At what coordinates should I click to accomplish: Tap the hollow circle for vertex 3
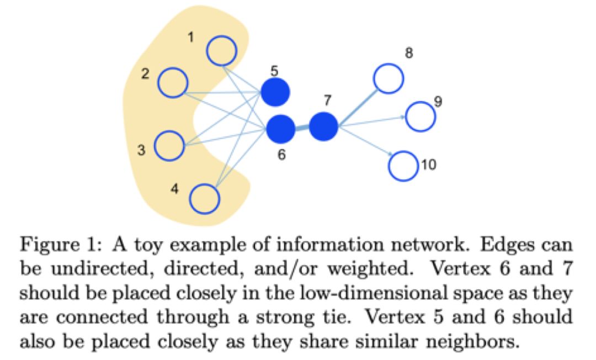point(169,145)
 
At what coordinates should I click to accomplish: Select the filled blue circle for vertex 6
point(280,129)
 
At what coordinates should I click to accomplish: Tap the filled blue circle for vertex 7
point(323,126)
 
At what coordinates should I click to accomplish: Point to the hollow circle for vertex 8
point(389,78)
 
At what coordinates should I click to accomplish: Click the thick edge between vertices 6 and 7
point(302,128)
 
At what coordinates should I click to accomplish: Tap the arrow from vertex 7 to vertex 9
point(372,121)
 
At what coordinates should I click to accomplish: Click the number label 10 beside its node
point(429,165)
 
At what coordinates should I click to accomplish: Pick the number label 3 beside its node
point(141,150)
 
